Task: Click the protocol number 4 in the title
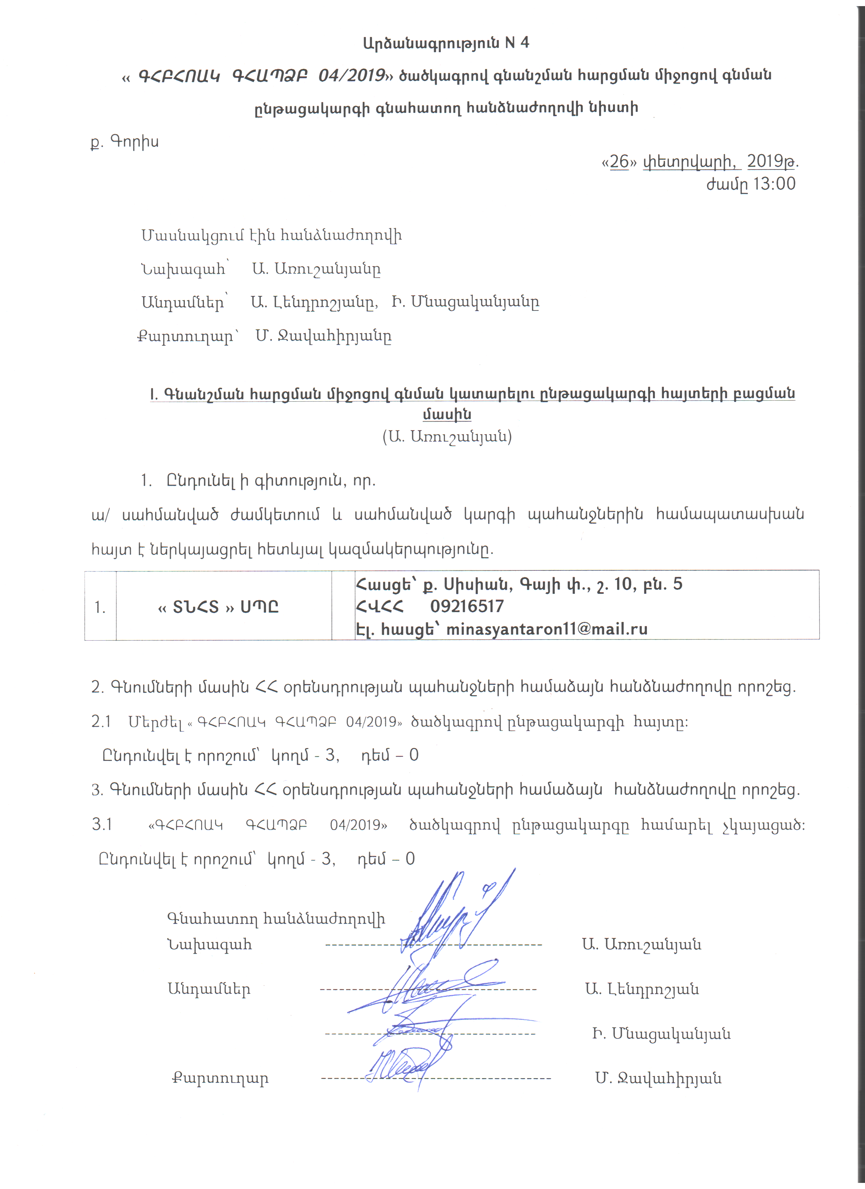524,43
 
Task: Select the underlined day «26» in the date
619,161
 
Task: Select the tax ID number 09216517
466,607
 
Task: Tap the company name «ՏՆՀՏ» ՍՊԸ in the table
218,607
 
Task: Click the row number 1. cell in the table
100,607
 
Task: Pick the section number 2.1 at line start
101,722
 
